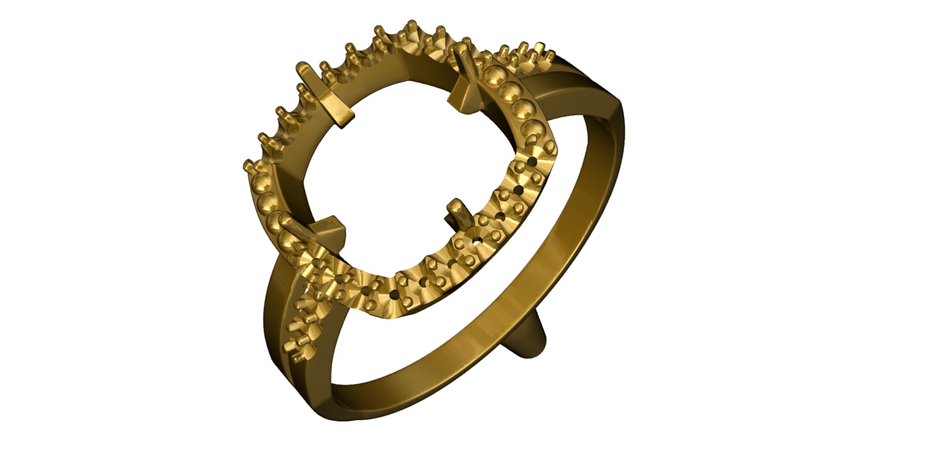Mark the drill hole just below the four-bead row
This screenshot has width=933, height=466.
(533, 162)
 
